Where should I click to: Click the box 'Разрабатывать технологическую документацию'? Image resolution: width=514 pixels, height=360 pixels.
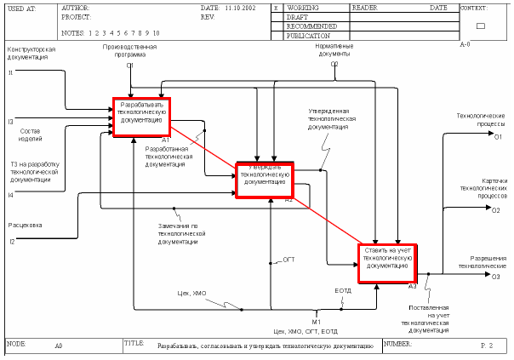(142, 116)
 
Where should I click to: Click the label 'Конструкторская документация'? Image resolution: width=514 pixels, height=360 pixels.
(32, 54)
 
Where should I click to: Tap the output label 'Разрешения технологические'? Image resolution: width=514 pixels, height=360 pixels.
(482, 261)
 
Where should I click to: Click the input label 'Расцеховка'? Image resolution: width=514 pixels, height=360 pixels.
(26, 226)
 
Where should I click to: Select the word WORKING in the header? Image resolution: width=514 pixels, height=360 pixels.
(303, 7)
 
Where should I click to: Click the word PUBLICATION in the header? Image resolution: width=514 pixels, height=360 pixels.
(309, 36)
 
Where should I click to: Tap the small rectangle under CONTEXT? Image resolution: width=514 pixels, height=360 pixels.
(480, 26)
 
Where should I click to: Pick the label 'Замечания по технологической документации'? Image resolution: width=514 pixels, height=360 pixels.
(178, 233)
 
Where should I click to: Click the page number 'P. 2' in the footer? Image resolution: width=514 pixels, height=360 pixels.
(486, 345)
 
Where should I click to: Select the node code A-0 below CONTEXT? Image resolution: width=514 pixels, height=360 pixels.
(465, 44)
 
